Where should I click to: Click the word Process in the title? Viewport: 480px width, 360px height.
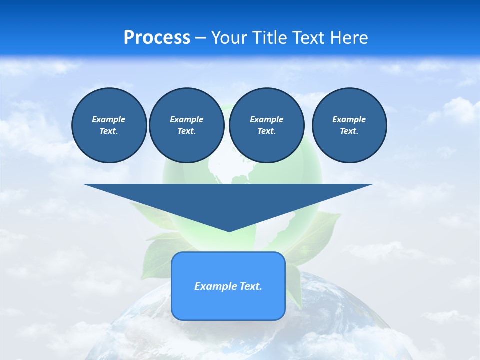157,38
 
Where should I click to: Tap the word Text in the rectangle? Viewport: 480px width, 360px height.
249,286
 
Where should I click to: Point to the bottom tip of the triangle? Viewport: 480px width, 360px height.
229,230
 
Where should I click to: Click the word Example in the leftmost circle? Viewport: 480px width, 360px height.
109,119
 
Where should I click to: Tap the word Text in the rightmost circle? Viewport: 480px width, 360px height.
349,131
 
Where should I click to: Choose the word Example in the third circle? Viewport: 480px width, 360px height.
266,119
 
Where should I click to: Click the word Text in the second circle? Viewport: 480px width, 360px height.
186,131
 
